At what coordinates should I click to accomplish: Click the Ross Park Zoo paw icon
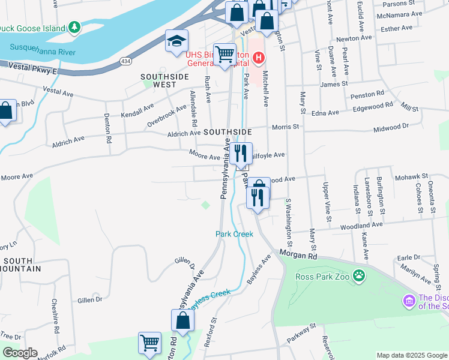pos(359,276)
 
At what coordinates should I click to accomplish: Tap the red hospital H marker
pos(258,58)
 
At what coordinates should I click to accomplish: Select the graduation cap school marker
pos(176,41)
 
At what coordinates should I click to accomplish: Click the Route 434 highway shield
pos(125,61)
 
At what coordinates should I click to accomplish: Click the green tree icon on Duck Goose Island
pos(74,27)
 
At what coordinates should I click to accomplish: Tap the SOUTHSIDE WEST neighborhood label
pos(164,81)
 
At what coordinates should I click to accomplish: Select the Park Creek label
pos(235,234)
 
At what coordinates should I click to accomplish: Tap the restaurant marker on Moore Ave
pos(241,154)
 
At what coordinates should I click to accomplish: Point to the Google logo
pos(19,353)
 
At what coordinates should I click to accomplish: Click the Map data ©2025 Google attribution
pos(412,355)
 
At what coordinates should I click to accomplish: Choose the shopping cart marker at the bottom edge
pos(150,344)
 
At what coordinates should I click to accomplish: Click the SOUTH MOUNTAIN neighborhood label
pos(22,265)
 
